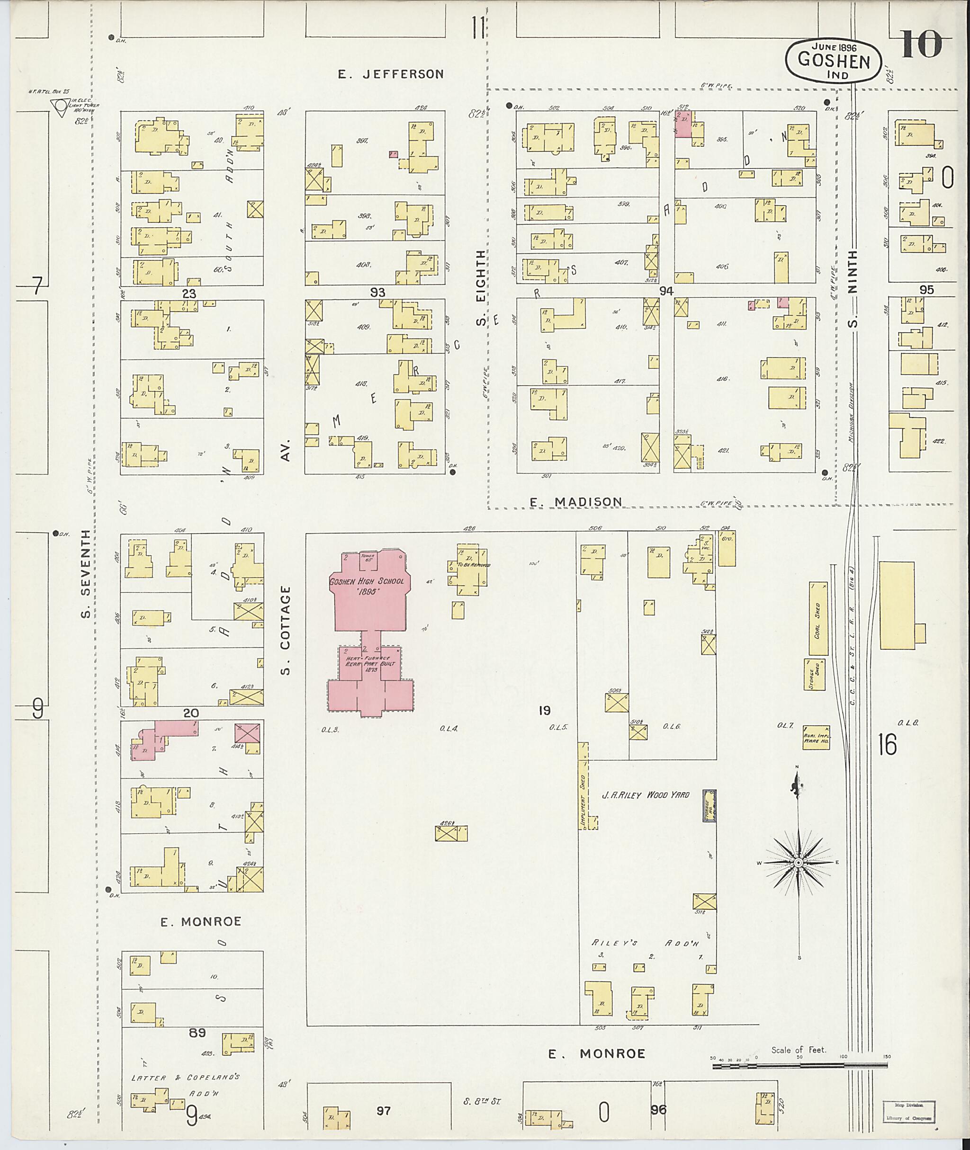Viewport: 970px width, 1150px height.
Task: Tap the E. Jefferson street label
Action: [x=390, y=74]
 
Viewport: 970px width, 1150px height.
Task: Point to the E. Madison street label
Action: [x=576, y=501]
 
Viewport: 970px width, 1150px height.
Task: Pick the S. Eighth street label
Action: [x=481, y=287]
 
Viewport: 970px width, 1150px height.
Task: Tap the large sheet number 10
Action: [x=921, y=45]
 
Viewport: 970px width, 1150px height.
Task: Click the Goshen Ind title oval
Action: [x=834, y=61]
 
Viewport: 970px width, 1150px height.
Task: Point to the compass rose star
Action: [x=798, y=863]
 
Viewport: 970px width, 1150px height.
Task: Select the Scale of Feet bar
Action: [x=800, y=1065]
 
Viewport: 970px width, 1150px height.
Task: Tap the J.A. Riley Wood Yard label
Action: [x=645, y=795]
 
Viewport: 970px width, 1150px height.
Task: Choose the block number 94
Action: [x=666, y=291]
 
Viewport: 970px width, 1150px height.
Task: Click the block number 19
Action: [x=544, y=711]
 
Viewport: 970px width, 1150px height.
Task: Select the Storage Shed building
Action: [x=814, y=674]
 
